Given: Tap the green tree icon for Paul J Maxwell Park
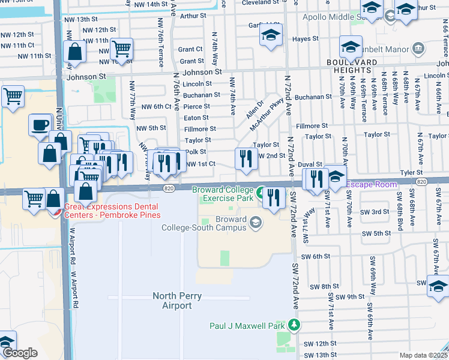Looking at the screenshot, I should tap(294, 325).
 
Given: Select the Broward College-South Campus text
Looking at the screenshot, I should tap(204, 223).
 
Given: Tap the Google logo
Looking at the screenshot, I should tap(20, 353).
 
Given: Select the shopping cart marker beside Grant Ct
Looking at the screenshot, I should tap(122, 49).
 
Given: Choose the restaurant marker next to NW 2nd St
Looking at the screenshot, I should tap(246, 158).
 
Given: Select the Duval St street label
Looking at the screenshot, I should tap(312, 164).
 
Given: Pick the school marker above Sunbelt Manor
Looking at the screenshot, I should tap(351, 47).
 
